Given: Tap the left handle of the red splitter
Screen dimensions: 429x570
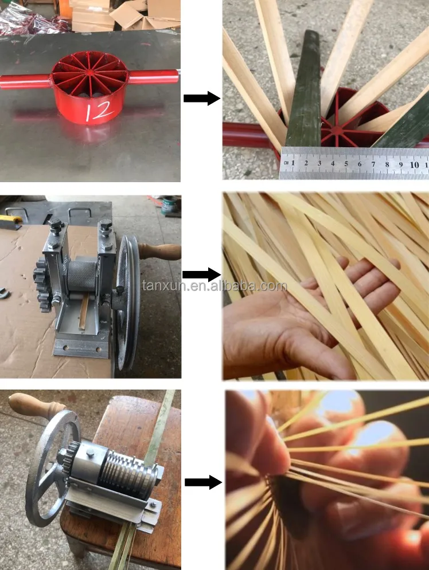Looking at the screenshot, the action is pyautogui.click(x=25, y=81).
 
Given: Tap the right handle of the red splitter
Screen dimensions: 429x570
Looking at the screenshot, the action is pyautogui.click(x=154, y=76).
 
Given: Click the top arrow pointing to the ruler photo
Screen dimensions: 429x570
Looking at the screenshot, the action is pyautogui.click(x=201, y=98).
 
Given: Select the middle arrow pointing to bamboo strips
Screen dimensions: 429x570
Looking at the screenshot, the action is pyautogui.click(x=201, y=274).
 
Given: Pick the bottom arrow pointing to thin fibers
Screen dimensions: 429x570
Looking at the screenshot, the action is pyautogui.click(x=203, y=482).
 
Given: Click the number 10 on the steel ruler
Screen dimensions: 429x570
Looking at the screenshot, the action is pyautogui.click(x=415, y=164).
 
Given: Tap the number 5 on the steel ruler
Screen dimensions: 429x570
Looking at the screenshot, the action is pyautogui.click(x=346, y=164).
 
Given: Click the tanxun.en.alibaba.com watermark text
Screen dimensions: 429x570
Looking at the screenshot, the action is pyautogui.click(x=214, y=286).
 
